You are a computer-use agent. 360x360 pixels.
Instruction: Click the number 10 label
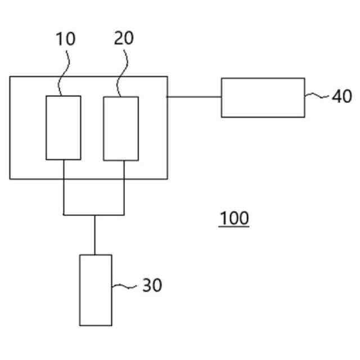[65, 39]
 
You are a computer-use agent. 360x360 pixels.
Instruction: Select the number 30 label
[151, 286]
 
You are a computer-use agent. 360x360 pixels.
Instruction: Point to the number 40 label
[341, 97]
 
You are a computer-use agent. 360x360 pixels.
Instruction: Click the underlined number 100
[234, 218]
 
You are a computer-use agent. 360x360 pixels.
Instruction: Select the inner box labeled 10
[63, 128]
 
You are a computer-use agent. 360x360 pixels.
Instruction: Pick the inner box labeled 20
[121, 128]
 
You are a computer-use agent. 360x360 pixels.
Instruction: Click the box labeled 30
[95, 290]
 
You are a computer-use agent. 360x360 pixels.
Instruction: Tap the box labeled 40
[262, 98]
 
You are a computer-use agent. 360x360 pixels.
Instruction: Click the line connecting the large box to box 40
[194, 97]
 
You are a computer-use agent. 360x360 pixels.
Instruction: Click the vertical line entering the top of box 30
[94, 235]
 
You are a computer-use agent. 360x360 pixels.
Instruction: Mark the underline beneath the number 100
[234, 226]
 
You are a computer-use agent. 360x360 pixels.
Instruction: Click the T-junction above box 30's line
[94, 214]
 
